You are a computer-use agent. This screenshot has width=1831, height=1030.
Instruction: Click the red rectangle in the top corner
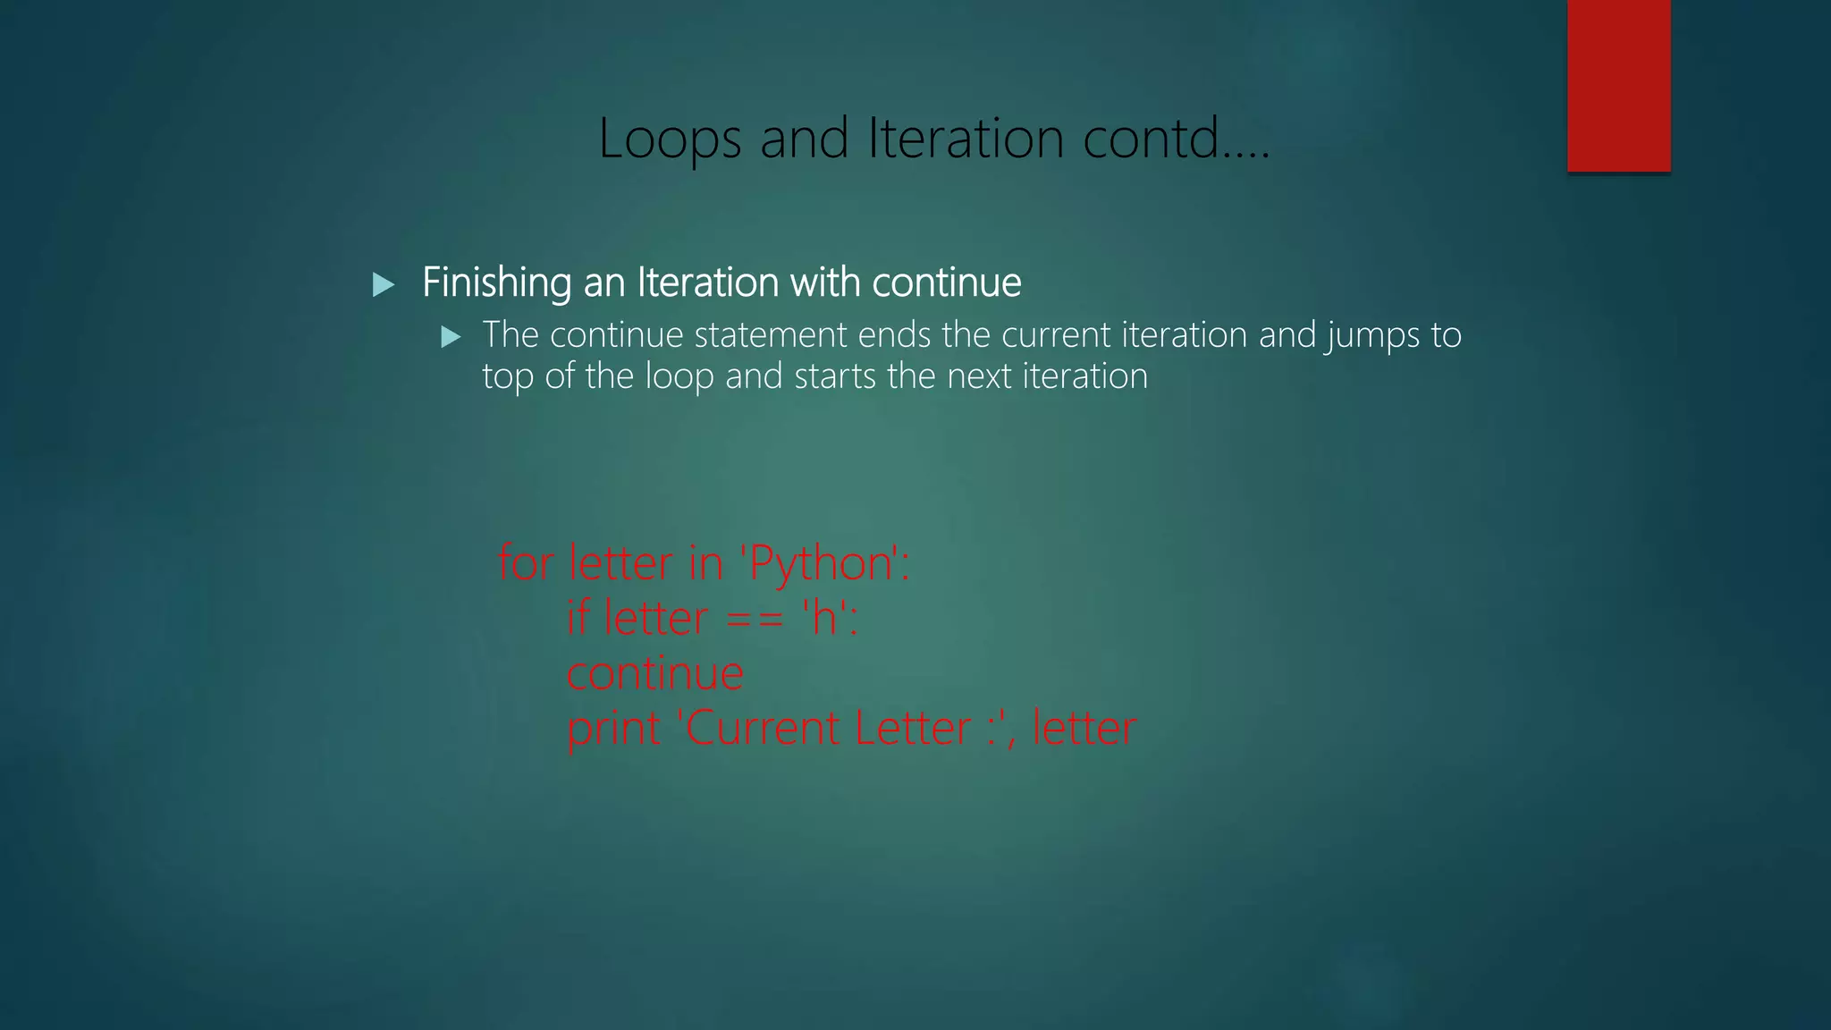pyautogui.click(x=1618, y=86)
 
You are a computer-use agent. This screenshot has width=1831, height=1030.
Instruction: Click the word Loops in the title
pyautogui.click(x=670, y=139)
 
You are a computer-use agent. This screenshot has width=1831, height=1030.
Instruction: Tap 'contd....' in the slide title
pyautogui.click(x=1176, y=139)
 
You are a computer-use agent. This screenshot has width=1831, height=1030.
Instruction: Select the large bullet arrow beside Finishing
pyautogui.click(x=384, y=285)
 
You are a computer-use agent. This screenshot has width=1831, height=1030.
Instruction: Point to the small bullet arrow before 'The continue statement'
pyautogui.click(x=451, y=337)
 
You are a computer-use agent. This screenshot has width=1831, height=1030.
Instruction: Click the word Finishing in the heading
pyautogui.click(x=496, y=283)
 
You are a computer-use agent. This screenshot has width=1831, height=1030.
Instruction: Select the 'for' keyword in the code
pyautogui.click(x=525, y=563)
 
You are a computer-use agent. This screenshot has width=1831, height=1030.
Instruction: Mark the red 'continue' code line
pyautogui.click(x=654, y=673)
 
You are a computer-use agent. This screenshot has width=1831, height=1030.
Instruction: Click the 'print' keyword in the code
pyautogui.click(x=613, y=730)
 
